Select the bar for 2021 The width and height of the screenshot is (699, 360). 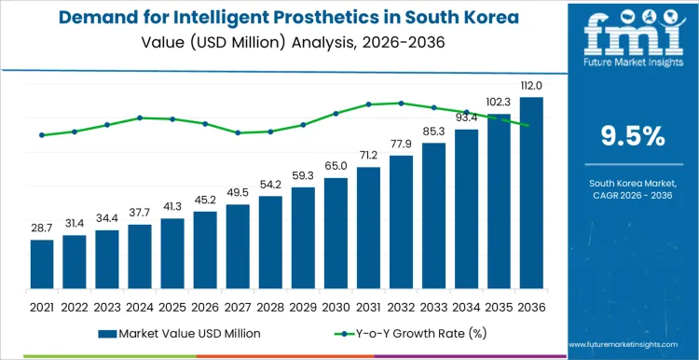(42, 265)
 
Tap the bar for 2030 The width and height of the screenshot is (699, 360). (336, 234)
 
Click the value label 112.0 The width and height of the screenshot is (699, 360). (531, 87)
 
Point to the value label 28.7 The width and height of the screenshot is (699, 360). (42, 228)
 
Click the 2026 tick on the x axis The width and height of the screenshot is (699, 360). (205, 306)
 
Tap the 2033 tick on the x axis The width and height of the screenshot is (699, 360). (433, 306)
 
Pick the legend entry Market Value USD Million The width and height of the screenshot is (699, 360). (177, 333)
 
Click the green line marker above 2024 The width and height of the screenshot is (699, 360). (140, 118)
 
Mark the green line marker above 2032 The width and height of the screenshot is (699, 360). (402, 103)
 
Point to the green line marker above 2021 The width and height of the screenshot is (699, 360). (42, 135)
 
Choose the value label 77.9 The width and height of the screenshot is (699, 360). (402, 144)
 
